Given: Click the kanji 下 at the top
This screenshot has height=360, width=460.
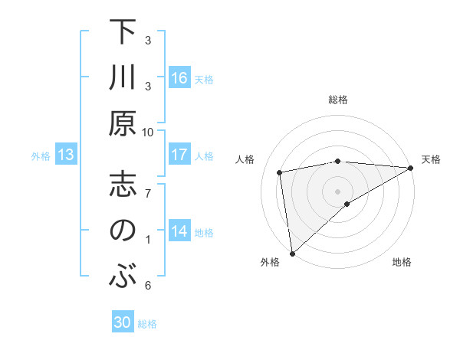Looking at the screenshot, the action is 121,34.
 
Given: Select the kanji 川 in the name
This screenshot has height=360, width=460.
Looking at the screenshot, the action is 121,80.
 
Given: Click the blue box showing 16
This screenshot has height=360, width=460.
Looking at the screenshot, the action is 179,78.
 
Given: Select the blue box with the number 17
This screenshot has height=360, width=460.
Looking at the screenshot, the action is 179,155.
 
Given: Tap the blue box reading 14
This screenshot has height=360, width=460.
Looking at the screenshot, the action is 179,231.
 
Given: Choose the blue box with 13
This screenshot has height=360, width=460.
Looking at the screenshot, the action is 66,155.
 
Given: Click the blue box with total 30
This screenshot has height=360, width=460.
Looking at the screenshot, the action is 123,322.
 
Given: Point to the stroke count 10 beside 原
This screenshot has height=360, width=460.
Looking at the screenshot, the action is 148,132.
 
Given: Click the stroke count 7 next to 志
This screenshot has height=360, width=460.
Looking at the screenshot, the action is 148,193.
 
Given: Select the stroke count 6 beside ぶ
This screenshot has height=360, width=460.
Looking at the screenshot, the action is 148,286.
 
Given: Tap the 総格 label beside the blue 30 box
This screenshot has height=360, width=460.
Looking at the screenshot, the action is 147,324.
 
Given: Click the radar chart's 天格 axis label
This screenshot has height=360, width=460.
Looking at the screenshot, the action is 431,159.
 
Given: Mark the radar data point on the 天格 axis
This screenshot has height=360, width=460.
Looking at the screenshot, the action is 411,168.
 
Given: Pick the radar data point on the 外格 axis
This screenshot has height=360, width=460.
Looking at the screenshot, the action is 292,253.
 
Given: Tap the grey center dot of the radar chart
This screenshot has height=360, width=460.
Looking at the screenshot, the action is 338,191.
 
